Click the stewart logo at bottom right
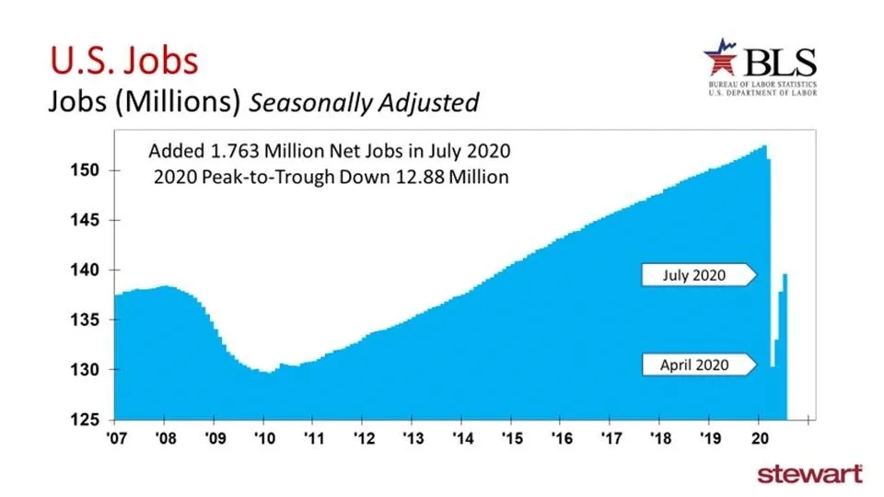coord(809,474)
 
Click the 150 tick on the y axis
coord(90,170)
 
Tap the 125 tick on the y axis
coord(90,420)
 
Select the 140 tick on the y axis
coord(90,270)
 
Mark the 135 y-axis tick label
coord(90,319)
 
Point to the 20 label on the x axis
coord(760,437)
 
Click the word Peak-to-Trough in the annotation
coord(251,177)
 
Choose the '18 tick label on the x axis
coord(660,437)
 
